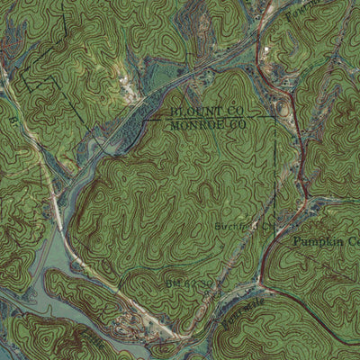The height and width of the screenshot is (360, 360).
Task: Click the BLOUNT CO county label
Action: point(206,110)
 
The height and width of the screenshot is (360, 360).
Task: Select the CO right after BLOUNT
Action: point(236,110)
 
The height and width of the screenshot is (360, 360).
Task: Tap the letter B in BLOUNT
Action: point(172,110)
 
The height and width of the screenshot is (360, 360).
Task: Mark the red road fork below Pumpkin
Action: point(262,290)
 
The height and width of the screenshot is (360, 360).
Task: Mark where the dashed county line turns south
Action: point(274,115)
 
